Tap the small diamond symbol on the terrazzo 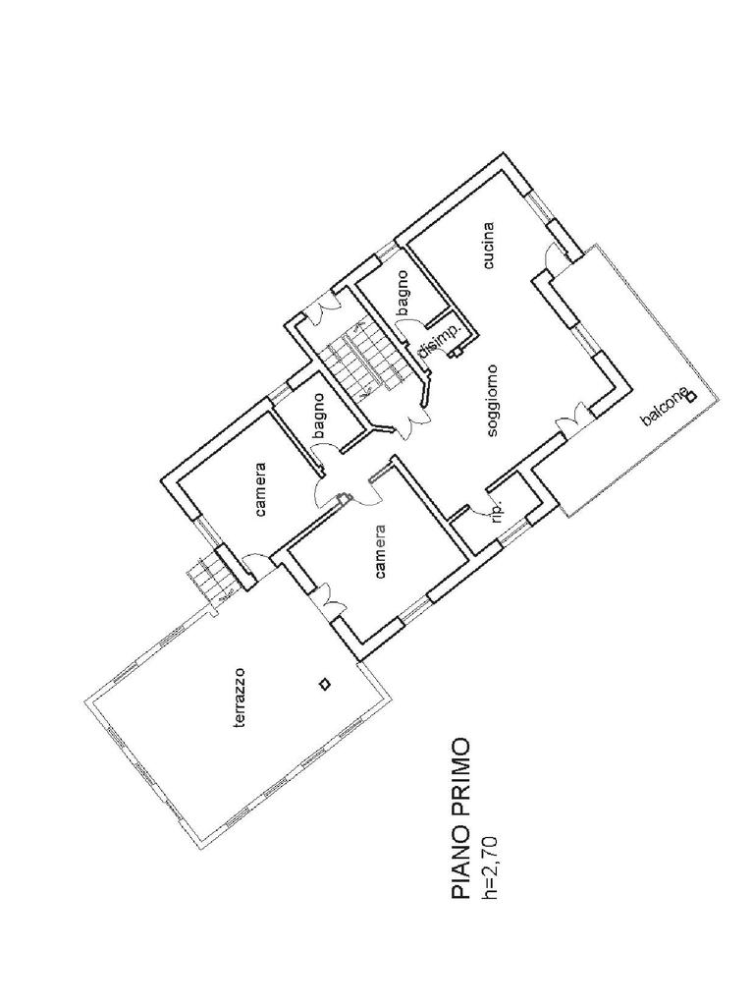coord(323,685)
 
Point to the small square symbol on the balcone coord(691,397)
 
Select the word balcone coord(662,407)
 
